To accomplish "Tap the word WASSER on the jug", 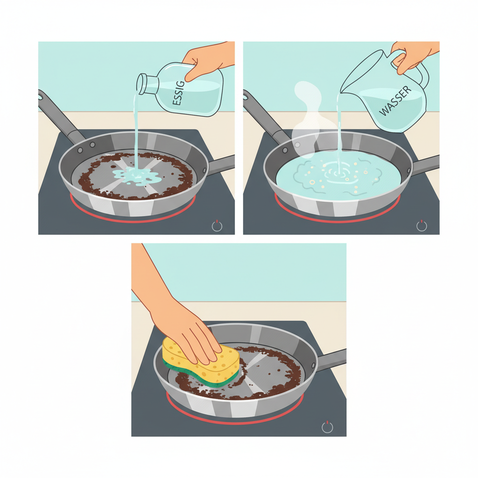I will [x=395, y=102].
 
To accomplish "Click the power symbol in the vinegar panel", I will [x=217, y=226].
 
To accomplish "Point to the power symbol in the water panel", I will [x=422, y=226].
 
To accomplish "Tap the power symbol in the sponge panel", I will [x=328, y=427].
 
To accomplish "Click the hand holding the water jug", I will [x=413, y=54].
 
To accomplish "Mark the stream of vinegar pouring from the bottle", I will [x=135, y=131].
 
